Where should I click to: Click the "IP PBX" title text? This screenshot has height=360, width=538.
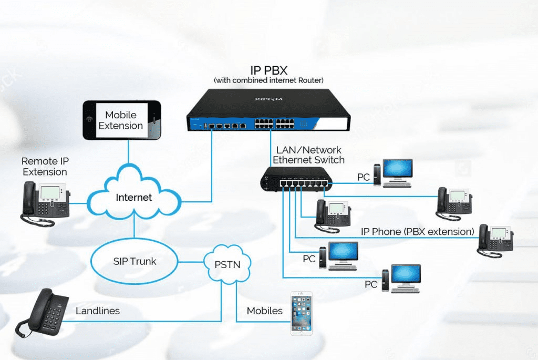click(268, 70)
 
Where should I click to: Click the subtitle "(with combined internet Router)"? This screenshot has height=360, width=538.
click(268, 80)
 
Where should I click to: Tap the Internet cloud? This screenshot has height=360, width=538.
click(133, 198)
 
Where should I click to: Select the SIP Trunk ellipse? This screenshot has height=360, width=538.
click(134, 261)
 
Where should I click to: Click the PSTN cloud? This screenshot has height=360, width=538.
click(227, 264)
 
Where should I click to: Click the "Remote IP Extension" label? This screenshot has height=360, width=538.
click(45, 166)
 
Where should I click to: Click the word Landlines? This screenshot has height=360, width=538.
click(97, 311)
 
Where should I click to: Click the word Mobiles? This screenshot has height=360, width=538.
click(265, 311)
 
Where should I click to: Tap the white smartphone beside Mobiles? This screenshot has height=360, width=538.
click(302, 313)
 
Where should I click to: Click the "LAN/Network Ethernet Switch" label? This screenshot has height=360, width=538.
click(308, 155)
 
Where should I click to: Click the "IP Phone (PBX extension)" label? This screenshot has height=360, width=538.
click(417, 232)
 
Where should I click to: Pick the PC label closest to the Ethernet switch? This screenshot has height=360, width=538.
click(363, 178)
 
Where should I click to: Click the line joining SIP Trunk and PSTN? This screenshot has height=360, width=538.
click(191, 261)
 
